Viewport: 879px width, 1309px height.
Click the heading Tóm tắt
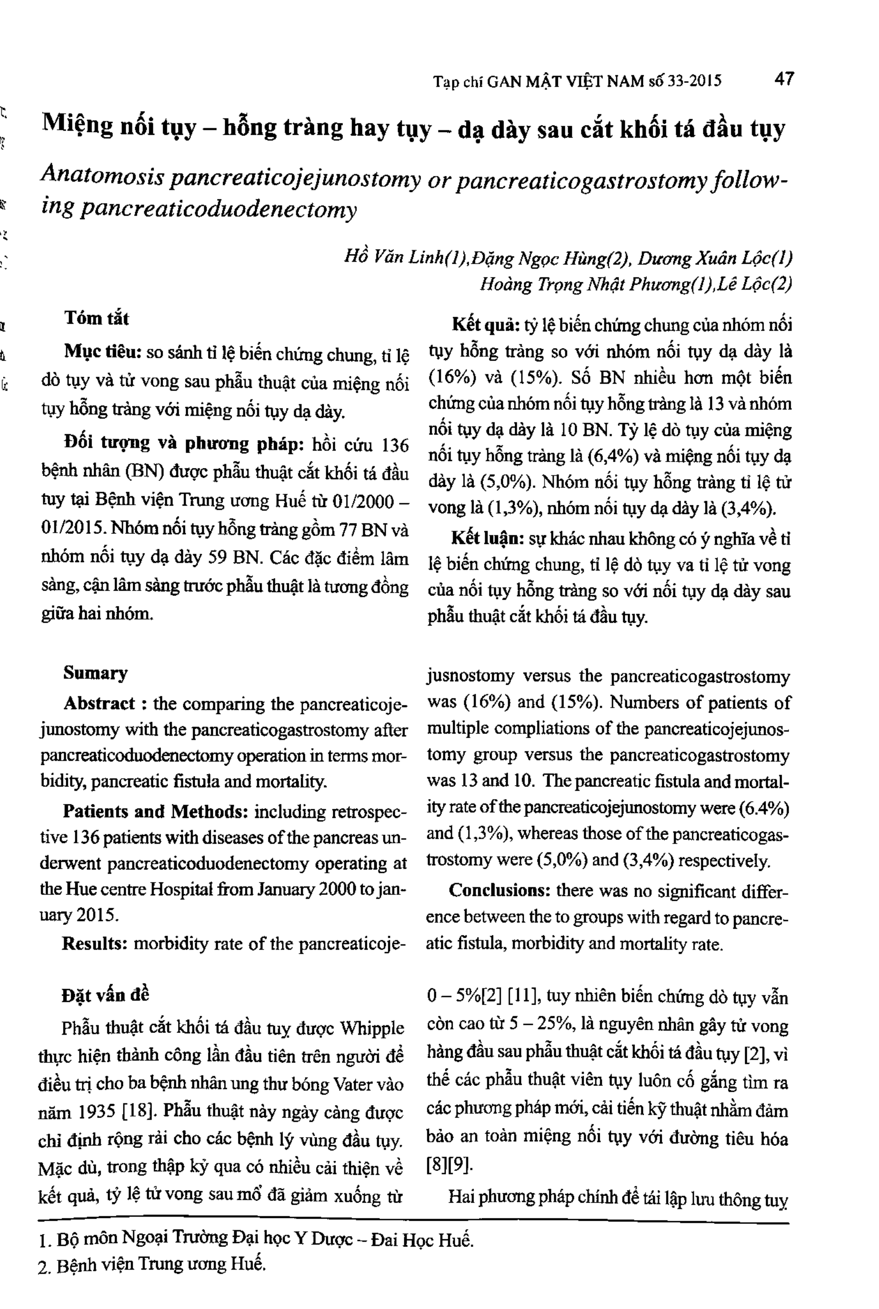click(x=96, y=318)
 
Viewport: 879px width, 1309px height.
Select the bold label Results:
click(x=95, y=943)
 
